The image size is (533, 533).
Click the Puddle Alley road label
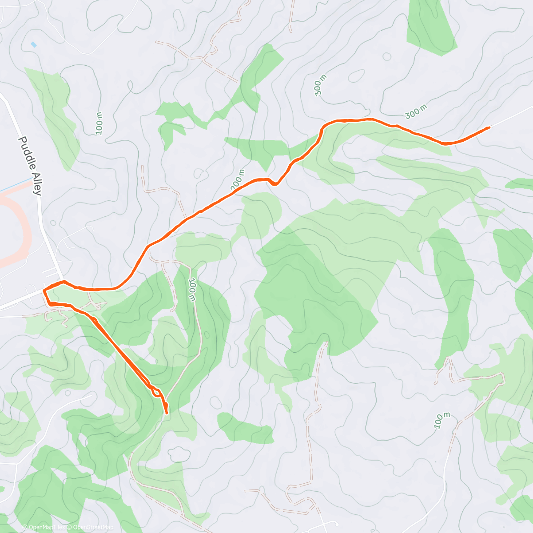[x=30, y=166]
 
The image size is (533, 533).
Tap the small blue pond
[x=33, y=45]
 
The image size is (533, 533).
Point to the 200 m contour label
[x=238, y=179]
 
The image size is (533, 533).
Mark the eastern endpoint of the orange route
[x=489, y=127]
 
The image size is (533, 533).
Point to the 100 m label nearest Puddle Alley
[x=99, y=122]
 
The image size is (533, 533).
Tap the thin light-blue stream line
[x=16, y=186]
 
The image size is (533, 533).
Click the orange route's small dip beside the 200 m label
[x=275, y=183]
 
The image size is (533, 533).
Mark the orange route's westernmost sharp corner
[x=44, y=290]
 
